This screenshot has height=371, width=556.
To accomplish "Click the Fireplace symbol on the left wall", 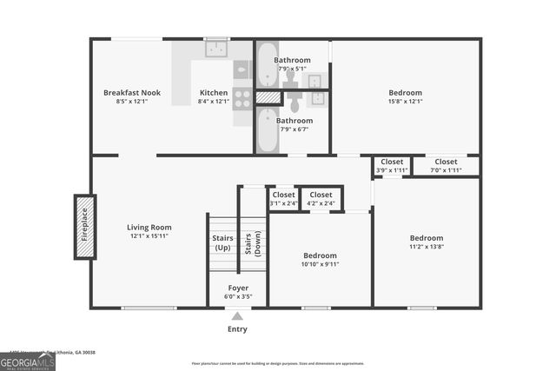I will [x=84, y=224].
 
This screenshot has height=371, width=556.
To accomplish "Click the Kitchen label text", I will [x=214, y=93].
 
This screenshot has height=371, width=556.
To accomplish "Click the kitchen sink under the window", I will [x=216, y=50].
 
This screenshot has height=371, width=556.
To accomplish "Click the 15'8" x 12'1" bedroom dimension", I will [x=405, y=102].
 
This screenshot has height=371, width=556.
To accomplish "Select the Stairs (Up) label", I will [x=222, y=242].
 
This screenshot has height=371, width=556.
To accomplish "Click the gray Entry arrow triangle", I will [x=237, y=316].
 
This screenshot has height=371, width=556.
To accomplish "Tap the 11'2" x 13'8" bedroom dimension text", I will [x=426, y=247].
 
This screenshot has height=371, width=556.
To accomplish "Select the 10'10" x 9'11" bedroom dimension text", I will [x=321, y=264].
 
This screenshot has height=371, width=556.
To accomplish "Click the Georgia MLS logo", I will [x=28, y=361].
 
